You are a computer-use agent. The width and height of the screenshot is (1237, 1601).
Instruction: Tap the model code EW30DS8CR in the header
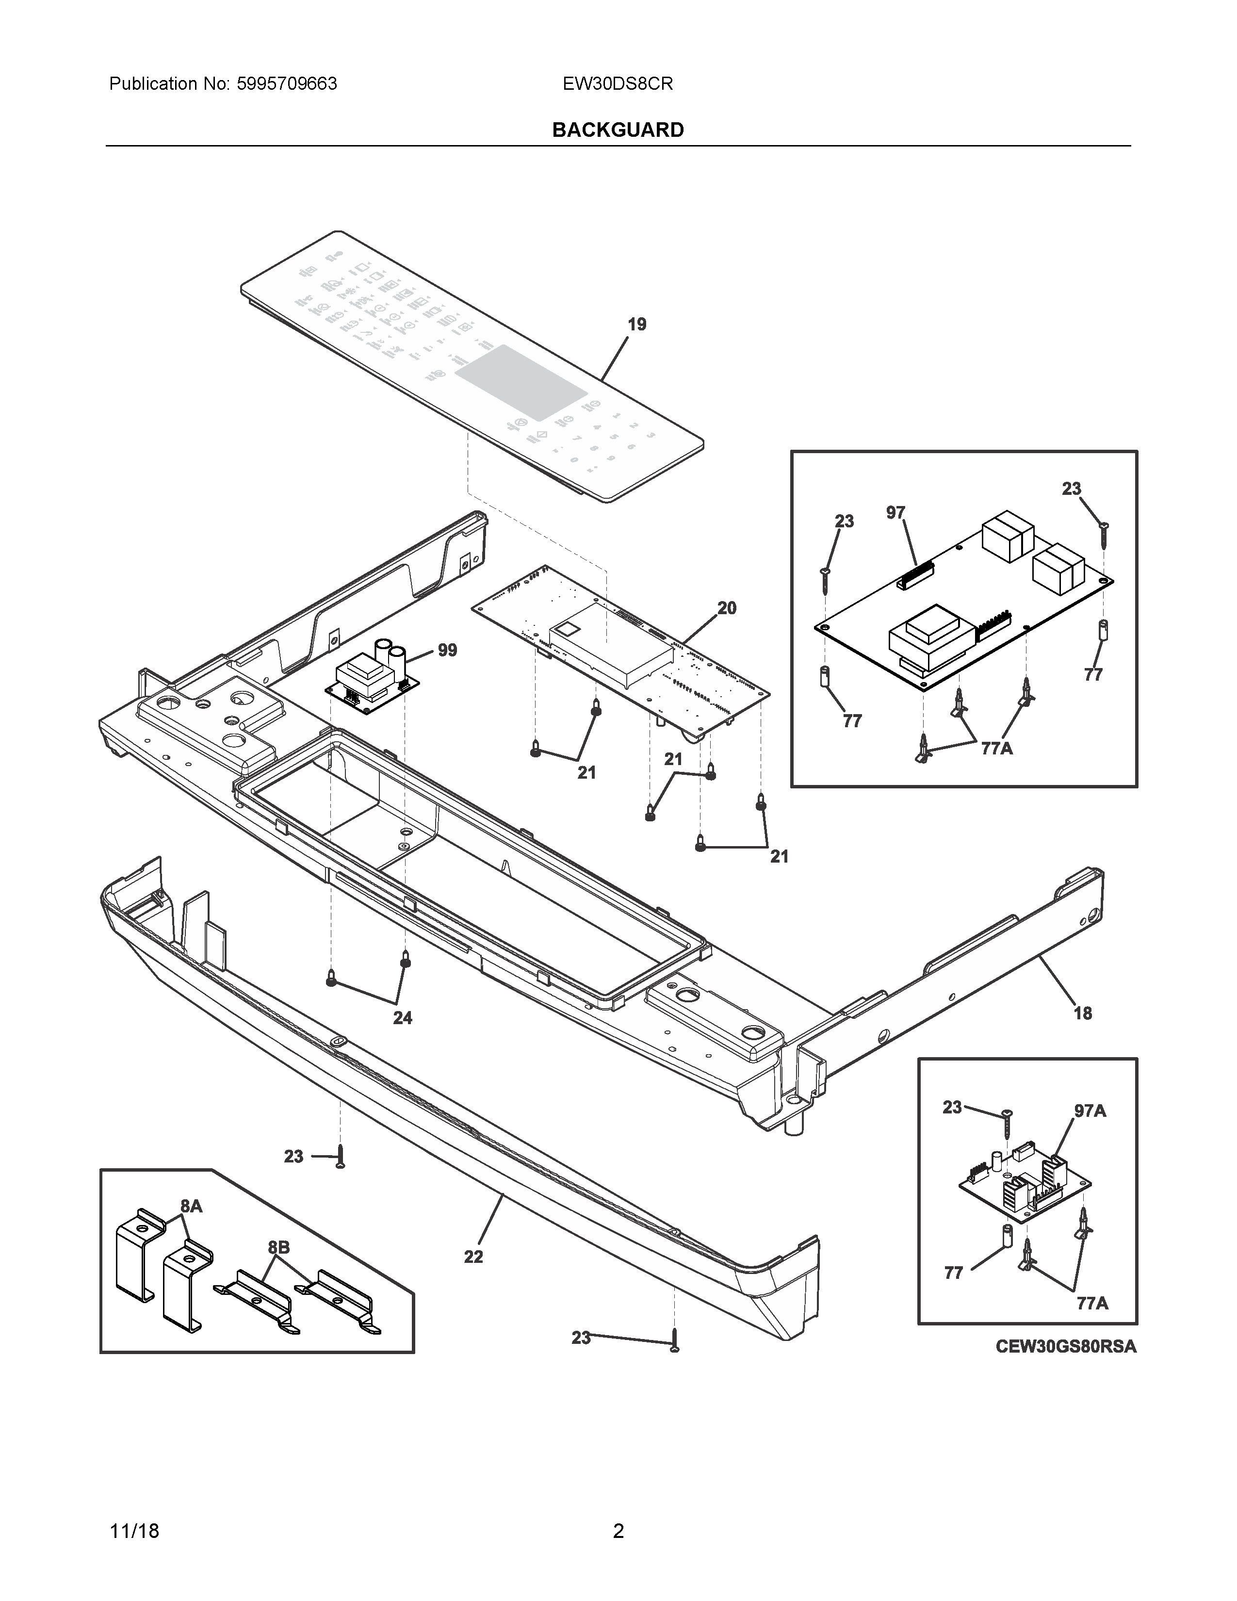[618, 83]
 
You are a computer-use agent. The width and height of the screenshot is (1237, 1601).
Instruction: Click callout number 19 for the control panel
[637, 324]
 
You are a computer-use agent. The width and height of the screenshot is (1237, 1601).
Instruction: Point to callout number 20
[726, 608]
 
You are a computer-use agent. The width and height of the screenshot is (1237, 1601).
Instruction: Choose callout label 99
[447, 650]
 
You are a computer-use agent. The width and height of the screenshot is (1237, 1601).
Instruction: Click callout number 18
[1082, 1013]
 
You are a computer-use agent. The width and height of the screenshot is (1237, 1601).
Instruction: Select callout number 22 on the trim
[473, 1257]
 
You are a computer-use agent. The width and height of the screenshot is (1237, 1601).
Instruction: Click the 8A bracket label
[191, 1206]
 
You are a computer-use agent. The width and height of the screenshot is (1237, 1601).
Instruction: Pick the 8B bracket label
[278, 1247]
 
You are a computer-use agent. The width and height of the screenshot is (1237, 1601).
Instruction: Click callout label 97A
[1090, 1111]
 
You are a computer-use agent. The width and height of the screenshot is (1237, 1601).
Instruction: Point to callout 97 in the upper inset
[895, 512]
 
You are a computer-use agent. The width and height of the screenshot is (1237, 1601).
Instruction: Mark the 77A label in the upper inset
[997, 749]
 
